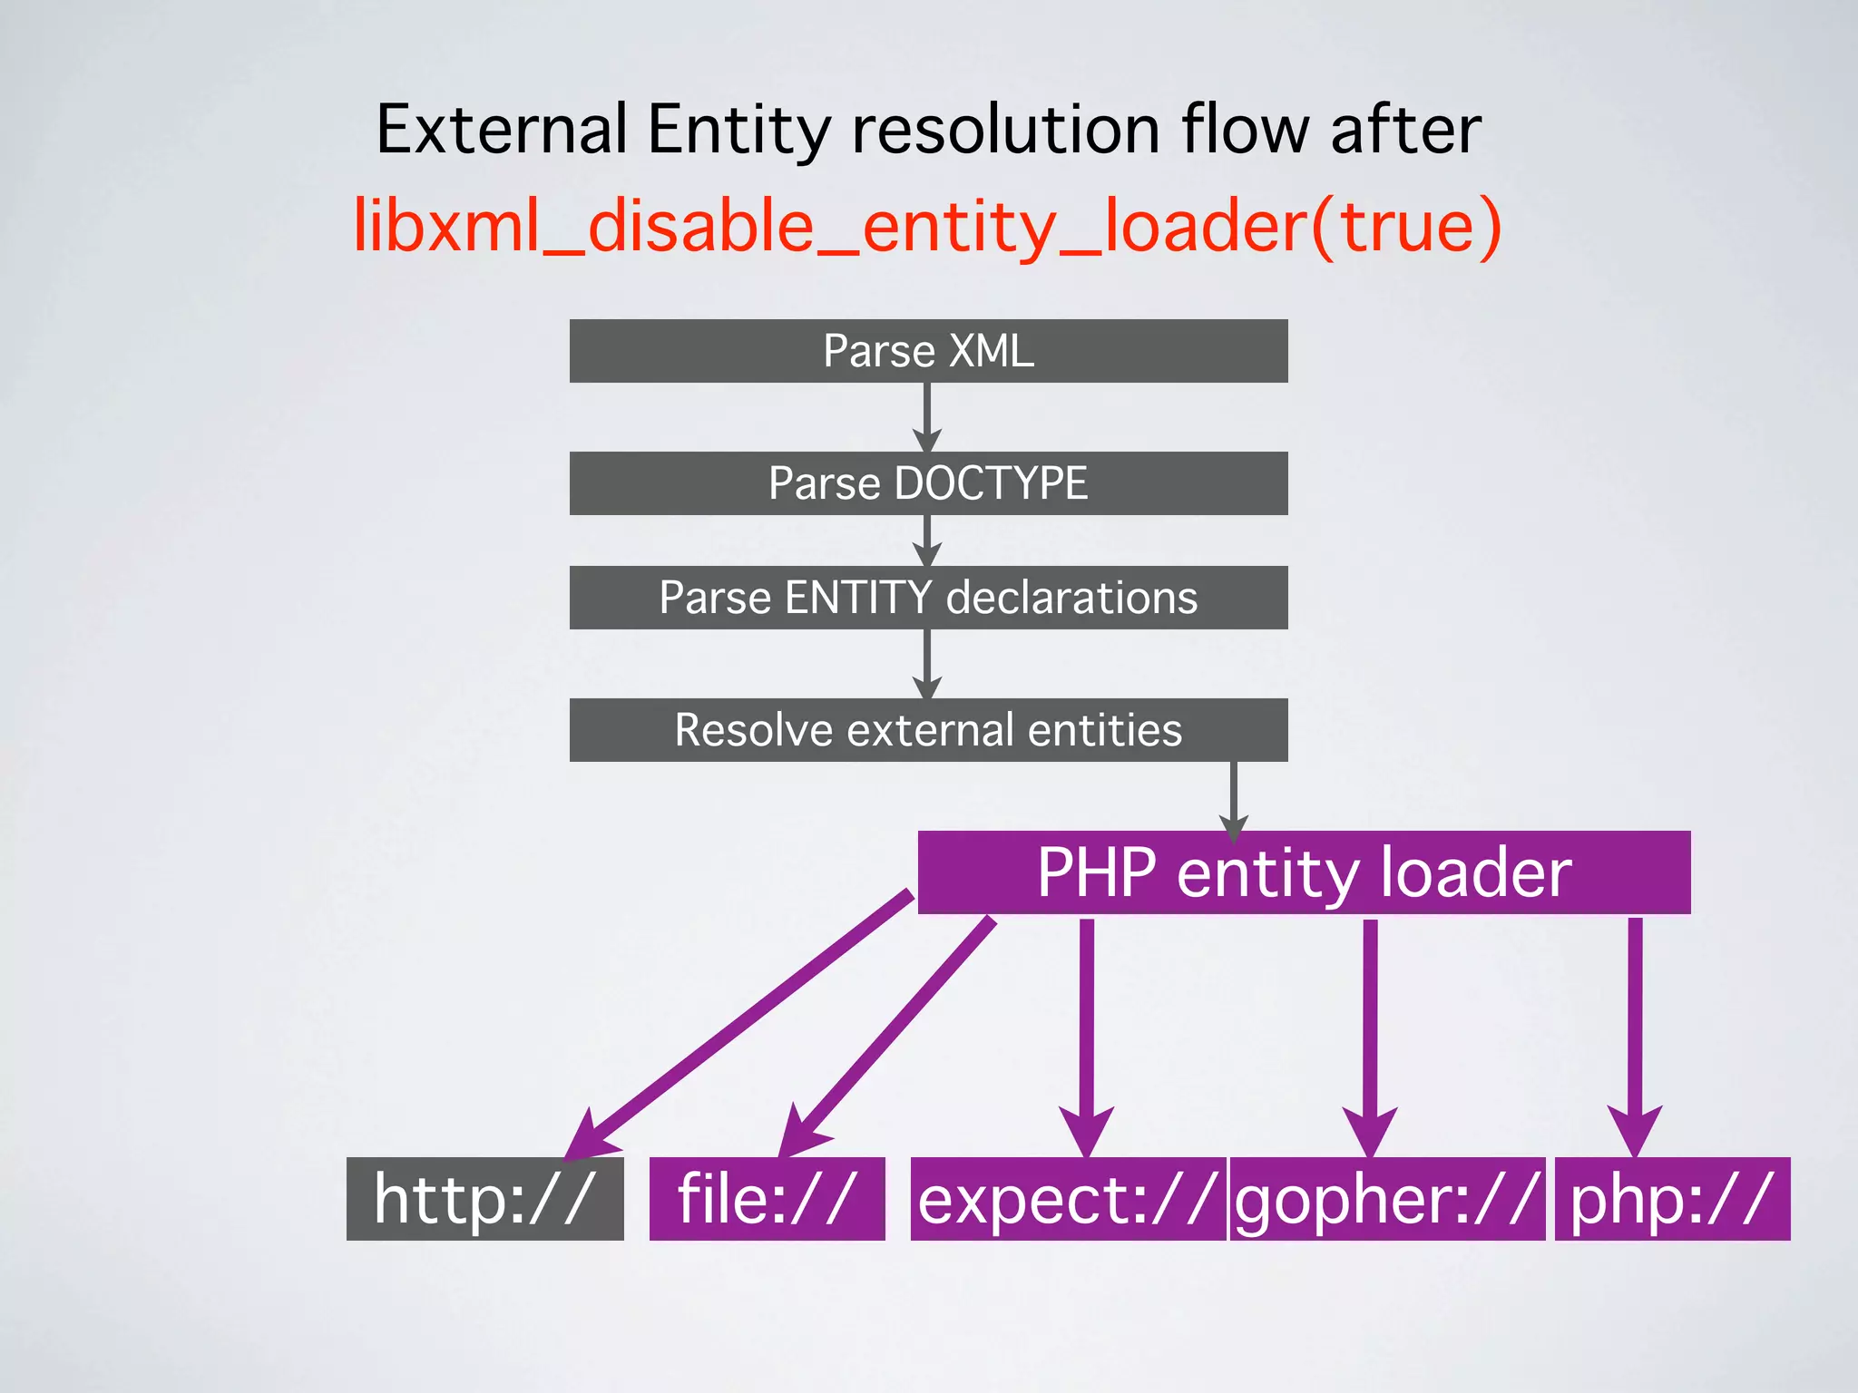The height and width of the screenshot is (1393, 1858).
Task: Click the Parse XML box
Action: point(928,351)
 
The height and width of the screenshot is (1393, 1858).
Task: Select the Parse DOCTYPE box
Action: point(928,483)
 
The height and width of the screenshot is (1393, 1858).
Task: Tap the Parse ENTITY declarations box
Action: point(928,598)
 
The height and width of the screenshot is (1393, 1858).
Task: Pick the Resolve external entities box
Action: point(928,730)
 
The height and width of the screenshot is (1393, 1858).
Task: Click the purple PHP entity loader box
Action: point(1304,872)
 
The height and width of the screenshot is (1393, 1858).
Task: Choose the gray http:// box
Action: point(484,1199)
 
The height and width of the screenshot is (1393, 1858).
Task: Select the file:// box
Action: point(767,1199)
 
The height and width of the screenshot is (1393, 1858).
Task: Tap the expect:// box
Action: point(1067,1199)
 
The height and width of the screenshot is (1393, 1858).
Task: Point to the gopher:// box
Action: point(1387,1199)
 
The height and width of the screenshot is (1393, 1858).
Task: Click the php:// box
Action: point(1672,1199)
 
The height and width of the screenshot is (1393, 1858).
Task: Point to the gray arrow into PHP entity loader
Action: point(1233,798)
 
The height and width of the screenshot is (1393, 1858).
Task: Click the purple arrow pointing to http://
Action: point(744,1020)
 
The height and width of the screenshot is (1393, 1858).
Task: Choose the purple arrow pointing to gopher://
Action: point(1370,1034)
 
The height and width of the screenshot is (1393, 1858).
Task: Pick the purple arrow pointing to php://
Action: point(1635,1034)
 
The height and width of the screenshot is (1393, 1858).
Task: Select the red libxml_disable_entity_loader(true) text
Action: point(927,226)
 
